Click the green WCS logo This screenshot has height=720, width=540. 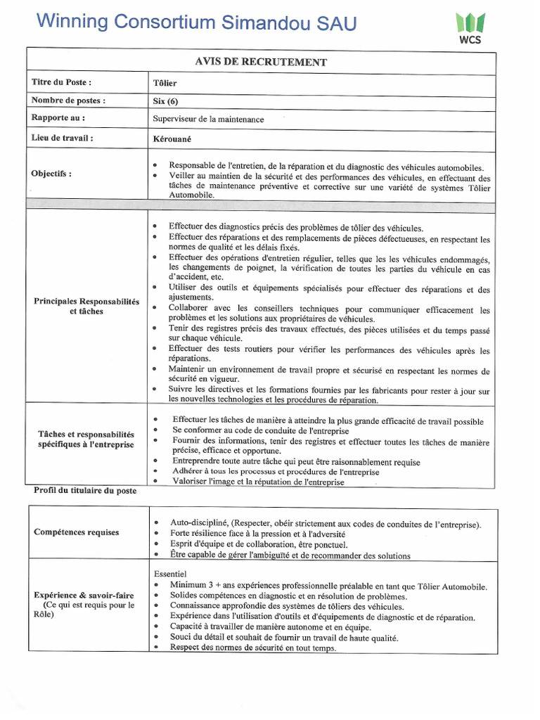[468, 26]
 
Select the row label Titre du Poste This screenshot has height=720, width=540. [62, 82]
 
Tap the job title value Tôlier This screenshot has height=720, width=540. [165, 83]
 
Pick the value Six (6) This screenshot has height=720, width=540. [166, 101]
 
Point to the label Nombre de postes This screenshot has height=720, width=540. [68, 100]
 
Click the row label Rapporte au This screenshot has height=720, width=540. [58, 118]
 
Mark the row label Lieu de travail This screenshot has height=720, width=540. [63, 138]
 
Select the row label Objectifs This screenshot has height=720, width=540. [51, 174]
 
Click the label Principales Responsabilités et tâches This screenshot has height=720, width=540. [86, 307]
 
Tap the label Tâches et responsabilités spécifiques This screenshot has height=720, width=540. [86, 439]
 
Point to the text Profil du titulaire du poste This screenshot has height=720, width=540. [85, 491]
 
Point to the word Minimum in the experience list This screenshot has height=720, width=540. [189, 586]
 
